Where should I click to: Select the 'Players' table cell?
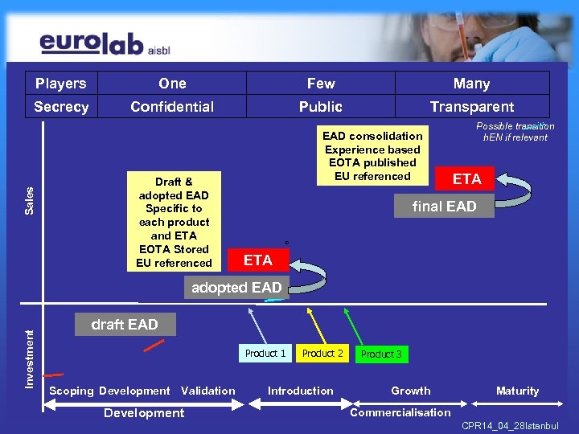(60, 84)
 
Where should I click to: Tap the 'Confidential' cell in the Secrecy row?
(172, 107)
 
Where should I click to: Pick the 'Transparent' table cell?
(472, 107)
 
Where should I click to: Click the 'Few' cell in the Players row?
(321, 84)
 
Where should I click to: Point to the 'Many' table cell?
(472, 84)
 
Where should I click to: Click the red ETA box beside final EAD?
(466, 179)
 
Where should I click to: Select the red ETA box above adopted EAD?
(258, 260)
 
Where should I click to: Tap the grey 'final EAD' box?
(444, 207)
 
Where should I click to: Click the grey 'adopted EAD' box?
(236, 288)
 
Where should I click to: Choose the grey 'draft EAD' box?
(125, 325)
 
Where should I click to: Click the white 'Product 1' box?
(265, 354)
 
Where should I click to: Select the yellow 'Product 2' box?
(322, 354)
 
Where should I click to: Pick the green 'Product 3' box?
(381, 354)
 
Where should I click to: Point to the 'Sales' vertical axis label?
(31, 200)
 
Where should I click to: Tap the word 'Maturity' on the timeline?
(517, 391)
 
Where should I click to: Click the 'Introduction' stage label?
(300, 391)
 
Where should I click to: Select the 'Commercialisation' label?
(400, 413)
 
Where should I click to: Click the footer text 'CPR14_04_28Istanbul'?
(510, 424)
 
